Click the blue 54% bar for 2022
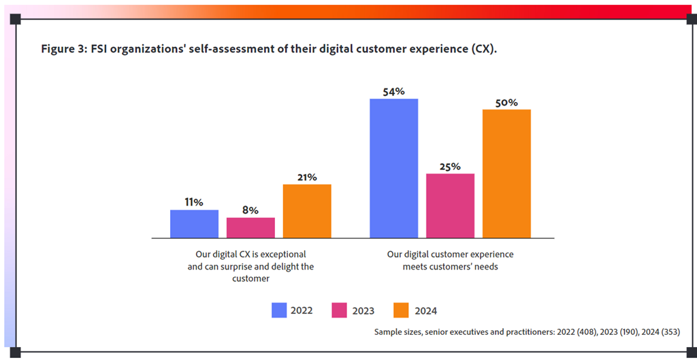coord(393,168)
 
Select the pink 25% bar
coord(450,206)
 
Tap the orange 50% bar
coord(506,174)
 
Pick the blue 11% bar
coord(194,224)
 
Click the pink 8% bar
coord(250,227)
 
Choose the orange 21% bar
coord(307,211)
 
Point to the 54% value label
coord(393,91)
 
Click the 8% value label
coord(250,210)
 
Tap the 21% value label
coord(307,177)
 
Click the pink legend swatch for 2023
coord(340,310)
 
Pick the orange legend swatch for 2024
coord(402,310)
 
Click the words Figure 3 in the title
coord(63,50)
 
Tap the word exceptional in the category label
coord(280,255)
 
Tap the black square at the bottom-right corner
coord(683,352)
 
